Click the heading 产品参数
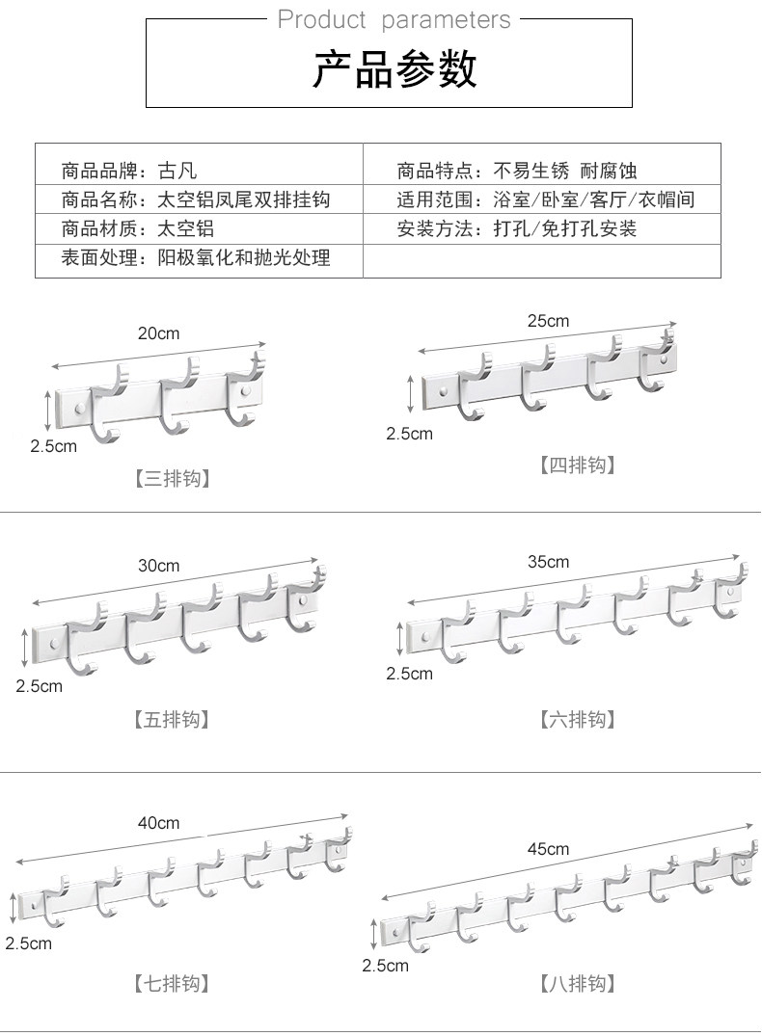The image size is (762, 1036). (394, 70)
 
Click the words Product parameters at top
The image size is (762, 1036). (394, 19)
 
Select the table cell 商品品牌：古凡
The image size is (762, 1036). (129, 172)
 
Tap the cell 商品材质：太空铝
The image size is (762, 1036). (137, 229)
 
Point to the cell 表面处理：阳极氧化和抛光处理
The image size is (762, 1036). (196, 258)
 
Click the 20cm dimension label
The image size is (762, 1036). (158, 333)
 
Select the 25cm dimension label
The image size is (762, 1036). (548, 321)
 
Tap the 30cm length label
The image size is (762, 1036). (158, 566)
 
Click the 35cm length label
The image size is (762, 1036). (548, 562)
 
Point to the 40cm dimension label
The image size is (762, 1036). (158, 823)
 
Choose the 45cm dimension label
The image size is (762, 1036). (548, 849)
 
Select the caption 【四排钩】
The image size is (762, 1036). (576, 465)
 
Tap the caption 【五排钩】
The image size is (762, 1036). (172, 719)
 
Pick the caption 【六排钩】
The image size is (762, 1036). (576, 719)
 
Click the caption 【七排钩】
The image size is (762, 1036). (172, 984)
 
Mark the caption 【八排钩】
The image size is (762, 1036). (576, 984)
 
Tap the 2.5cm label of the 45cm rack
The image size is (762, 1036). (385, 965)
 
